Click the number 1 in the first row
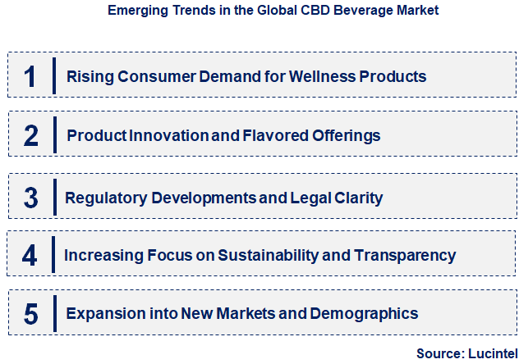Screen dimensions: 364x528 tap(30, 76)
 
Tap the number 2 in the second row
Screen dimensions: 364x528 tap(30, 135)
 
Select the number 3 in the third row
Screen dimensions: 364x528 tap(30, 198)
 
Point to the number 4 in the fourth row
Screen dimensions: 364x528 tap(30, 255)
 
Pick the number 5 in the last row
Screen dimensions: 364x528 tap(30, 313)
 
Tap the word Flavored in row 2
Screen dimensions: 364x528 tap(275, 135)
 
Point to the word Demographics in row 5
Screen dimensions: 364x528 tap(370, 313)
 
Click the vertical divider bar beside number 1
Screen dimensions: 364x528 tap(54, 76)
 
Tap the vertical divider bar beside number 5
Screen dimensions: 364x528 tap(54, 313)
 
